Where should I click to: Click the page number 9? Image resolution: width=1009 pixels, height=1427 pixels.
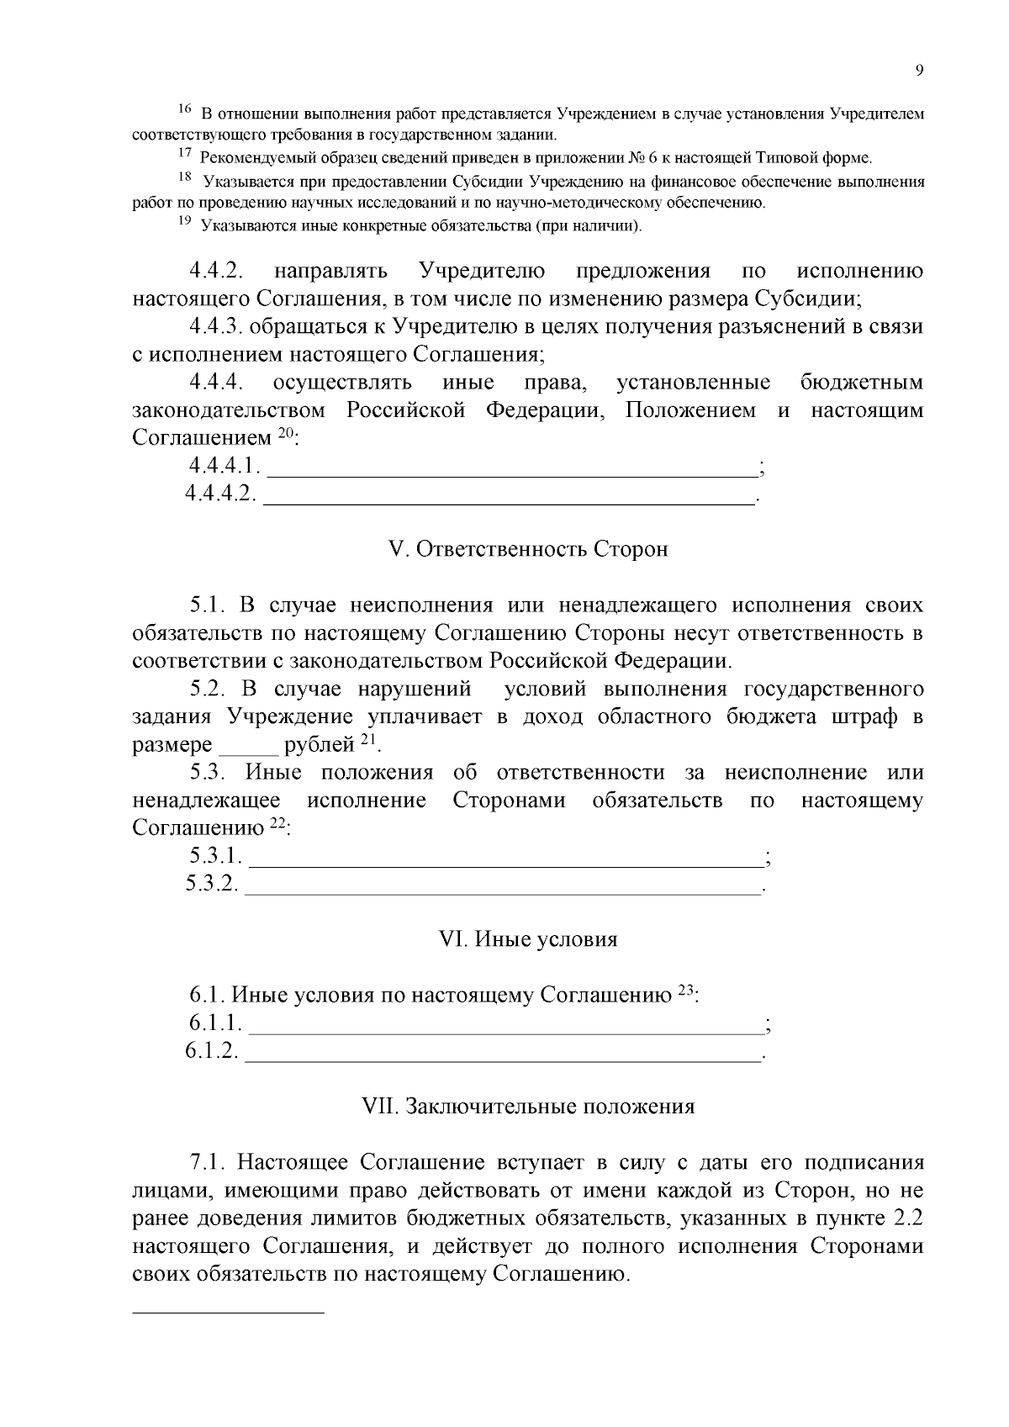pyautogui.click(x=919, y=71)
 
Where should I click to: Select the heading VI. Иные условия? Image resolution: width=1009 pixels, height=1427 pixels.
pyautogui.click(x=529, y=939)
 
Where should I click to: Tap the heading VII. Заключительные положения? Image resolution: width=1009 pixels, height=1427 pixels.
pyautogui.click(x=528, y=1106)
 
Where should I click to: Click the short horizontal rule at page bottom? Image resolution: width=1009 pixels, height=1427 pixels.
pyautogui.click(x=229, y=1312)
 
